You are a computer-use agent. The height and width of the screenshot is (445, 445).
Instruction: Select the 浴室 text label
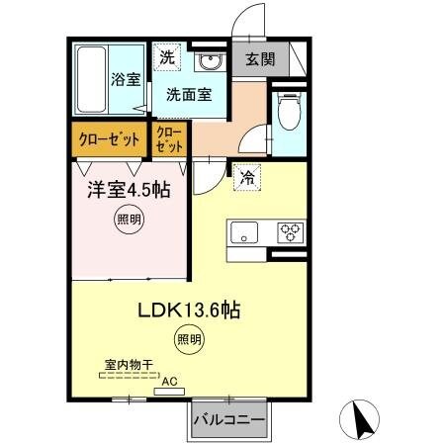point(126,79)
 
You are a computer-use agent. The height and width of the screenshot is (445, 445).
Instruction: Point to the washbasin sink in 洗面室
point(210,63)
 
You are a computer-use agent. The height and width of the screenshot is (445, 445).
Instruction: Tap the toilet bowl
point(288,114)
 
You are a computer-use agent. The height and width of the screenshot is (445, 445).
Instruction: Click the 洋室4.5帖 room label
point(127,188)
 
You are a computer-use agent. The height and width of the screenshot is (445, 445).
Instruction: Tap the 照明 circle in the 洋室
point(130,221)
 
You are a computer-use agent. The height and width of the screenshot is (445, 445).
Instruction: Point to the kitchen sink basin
point(243,233)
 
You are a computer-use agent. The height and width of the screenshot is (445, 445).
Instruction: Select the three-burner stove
point(292,233)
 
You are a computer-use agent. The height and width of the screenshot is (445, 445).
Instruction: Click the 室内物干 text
point(130,365)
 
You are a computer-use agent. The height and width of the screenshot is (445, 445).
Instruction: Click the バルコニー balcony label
point(228,420)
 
